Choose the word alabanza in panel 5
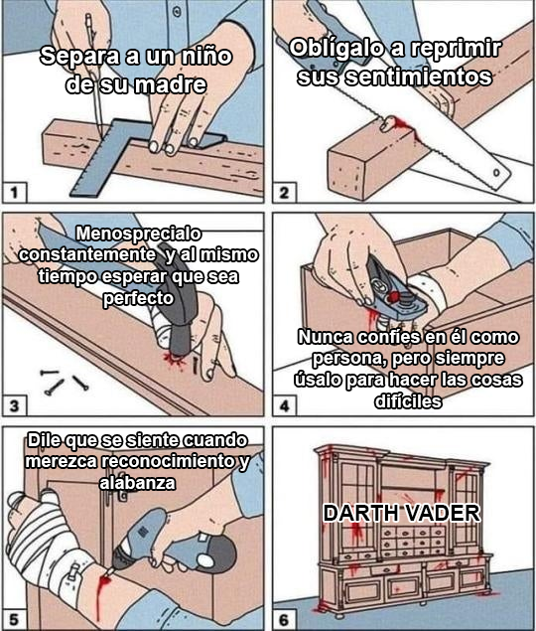(x=137, y=483)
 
